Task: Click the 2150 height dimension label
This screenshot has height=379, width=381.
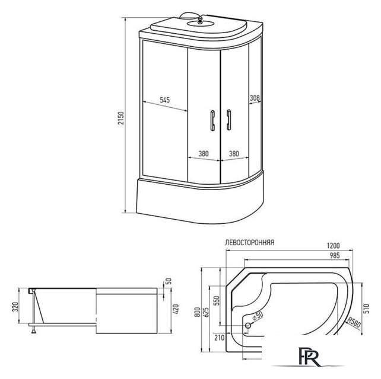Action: [120, 118]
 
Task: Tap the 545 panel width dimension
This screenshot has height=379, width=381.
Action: [165, 100]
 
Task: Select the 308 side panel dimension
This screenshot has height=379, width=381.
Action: [255, 98]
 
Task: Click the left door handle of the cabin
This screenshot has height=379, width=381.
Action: [212, 121]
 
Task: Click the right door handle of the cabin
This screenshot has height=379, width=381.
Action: [228, 120]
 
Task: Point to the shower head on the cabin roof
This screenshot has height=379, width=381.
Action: [200, 21]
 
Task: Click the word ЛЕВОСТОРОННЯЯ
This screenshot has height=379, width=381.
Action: [250, 243]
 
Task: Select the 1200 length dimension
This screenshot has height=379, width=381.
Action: [333, 246]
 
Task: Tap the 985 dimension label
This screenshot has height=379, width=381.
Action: [335, 255]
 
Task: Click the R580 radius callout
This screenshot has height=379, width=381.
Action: [354, 322]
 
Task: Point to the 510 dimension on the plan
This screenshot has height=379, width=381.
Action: [366, 309]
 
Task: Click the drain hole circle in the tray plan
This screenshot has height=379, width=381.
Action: [248, 326]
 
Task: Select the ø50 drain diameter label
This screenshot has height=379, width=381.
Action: [258, 316]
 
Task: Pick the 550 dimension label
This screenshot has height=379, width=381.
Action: [217, 300]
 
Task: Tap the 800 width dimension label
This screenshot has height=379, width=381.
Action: [198, 312]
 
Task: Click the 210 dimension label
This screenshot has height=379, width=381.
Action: [219, 338]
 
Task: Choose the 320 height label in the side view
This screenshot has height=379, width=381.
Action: [15, 307]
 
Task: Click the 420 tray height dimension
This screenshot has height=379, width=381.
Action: [176, 309]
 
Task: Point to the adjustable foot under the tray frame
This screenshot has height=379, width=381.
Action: [34, 330]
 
